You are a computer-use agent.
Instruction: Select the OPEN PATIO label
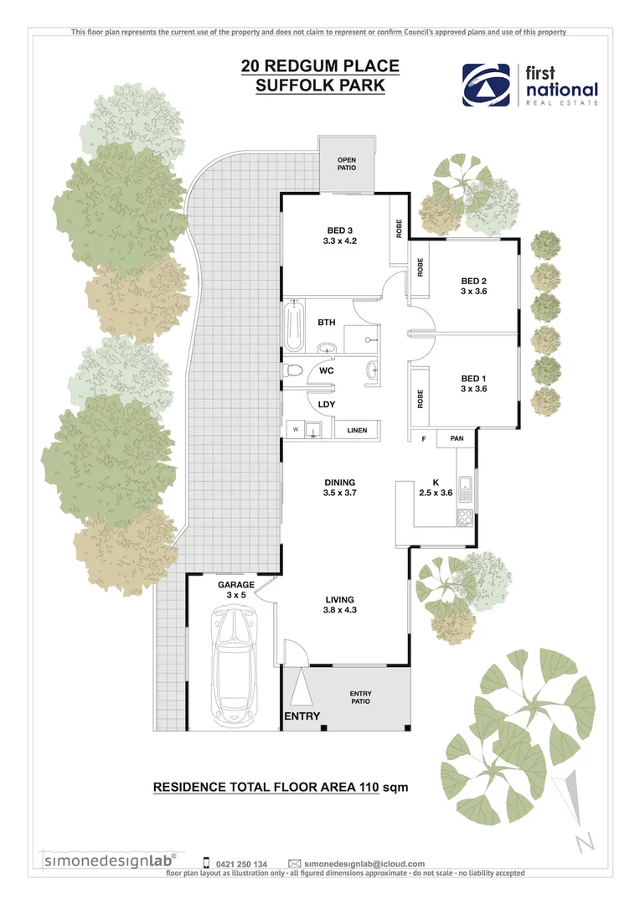coord(347,163)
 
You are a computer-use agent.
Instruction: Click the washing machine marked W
coord(295,431)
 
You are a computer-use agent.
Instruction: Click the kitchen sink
coord(466,486)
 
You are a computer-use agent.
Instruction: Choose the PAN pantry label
coord(457,438)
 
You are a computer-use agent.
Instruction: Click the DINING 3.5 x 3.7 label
coord(340,488)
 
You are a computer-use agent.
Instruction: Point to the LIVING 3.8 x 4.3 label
coord(340,605)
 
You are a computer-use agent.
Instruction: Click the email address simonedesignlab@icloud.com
coord(364,863)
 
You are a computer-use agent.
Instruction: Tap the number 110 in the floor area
coord(365,787)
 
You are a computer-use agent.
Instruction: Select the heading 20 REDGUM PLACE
coord(320,66)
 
